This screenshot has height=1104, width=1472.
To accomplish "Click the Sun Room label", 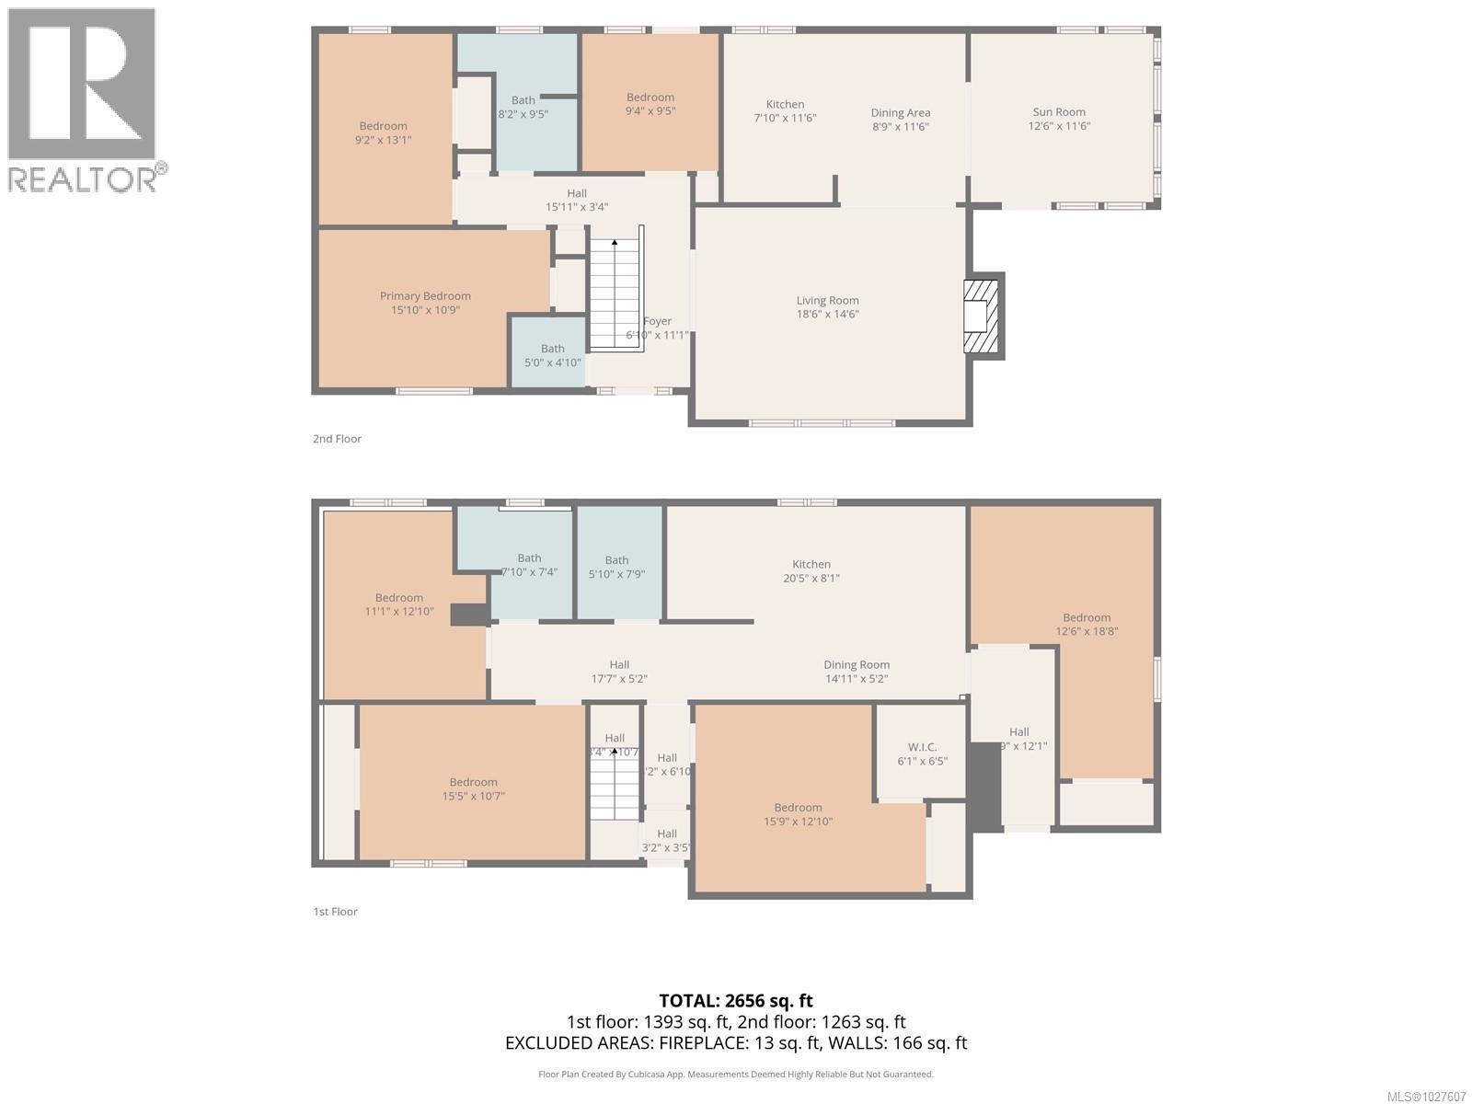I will pyautogui.click(x=1059, y=112).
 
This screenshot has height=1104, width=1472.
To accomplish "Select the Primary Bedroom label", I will pyautogui.click(x=425, y=296).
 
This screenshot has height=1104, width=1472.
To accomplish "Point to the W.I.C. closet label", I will pyautogui.click(x=922, y=747).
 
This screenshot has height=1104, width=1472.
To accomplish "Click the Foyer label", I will pyautogui.click(x=657, y=321).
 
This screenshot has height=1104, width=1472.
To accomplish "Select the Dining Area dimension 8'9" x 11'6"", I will pyautogui.click(x=900, y=127).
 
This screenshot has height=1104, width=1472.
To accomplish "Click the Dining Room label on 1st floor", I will pyautogui.click(x=856, y=664).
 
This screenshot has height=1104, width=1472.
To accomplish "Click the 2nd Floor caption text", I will pyautogui.click(x=337, y=439).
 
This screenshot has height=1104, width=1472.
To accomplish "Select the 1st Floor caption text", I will pyautogui.click(x=335, y=912).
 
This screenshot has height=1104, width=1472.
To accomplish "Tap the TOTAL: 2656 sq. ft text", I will pyautogui.click(x=736, y=1001).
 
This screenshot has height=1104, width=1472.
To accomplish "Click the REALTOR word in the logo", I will pyautogui.click(x=83, y=178).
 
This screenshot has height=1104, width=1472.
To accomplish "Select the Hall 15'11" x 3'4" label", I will pyautogui.click(x=577, y=200).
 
